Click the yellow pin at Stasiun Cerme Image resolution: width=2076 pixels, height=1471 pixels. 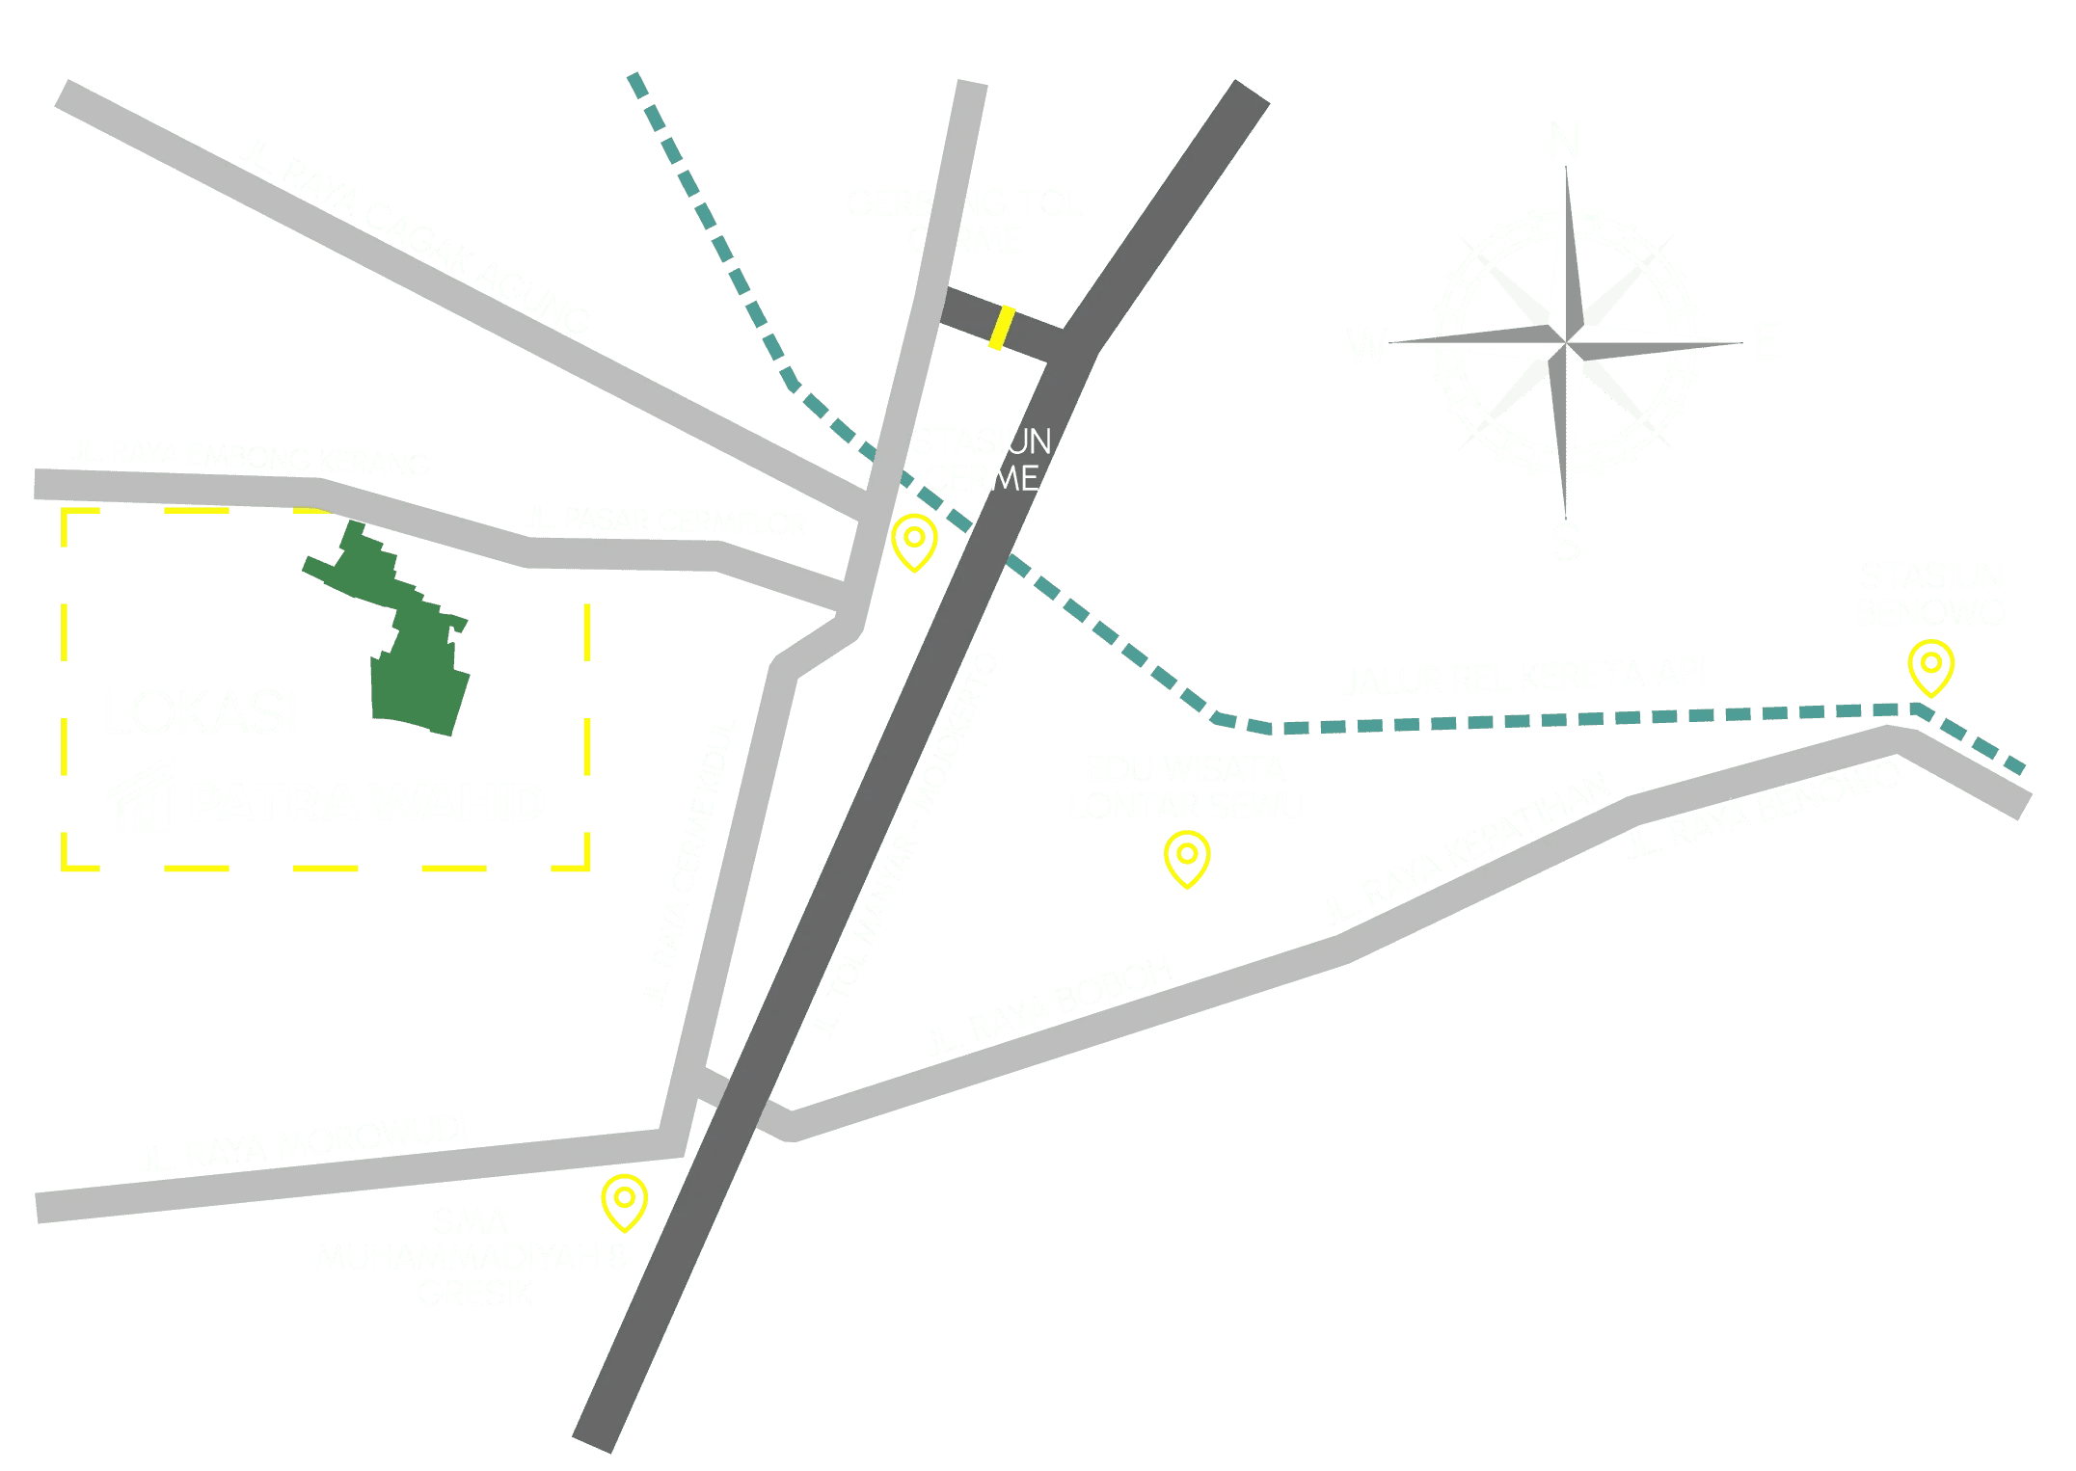pos(914,541)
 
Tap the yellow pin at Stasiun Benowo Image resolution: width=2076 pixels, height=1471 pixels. pos(1930,666)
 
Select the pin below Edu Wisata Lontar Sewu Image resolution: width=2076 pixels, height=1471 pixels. pos(1186,857)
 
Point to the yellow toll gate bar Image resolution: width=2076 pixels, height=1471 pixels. pos(1002,327)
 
